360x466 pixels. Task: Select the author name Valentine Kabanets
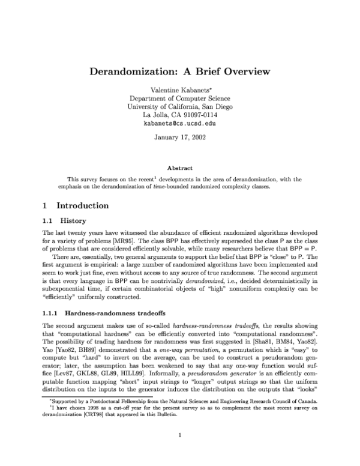178,89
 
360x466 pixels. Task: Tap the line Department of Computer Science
180,98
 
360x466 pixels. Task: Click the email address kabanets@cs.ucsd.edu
180,124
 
